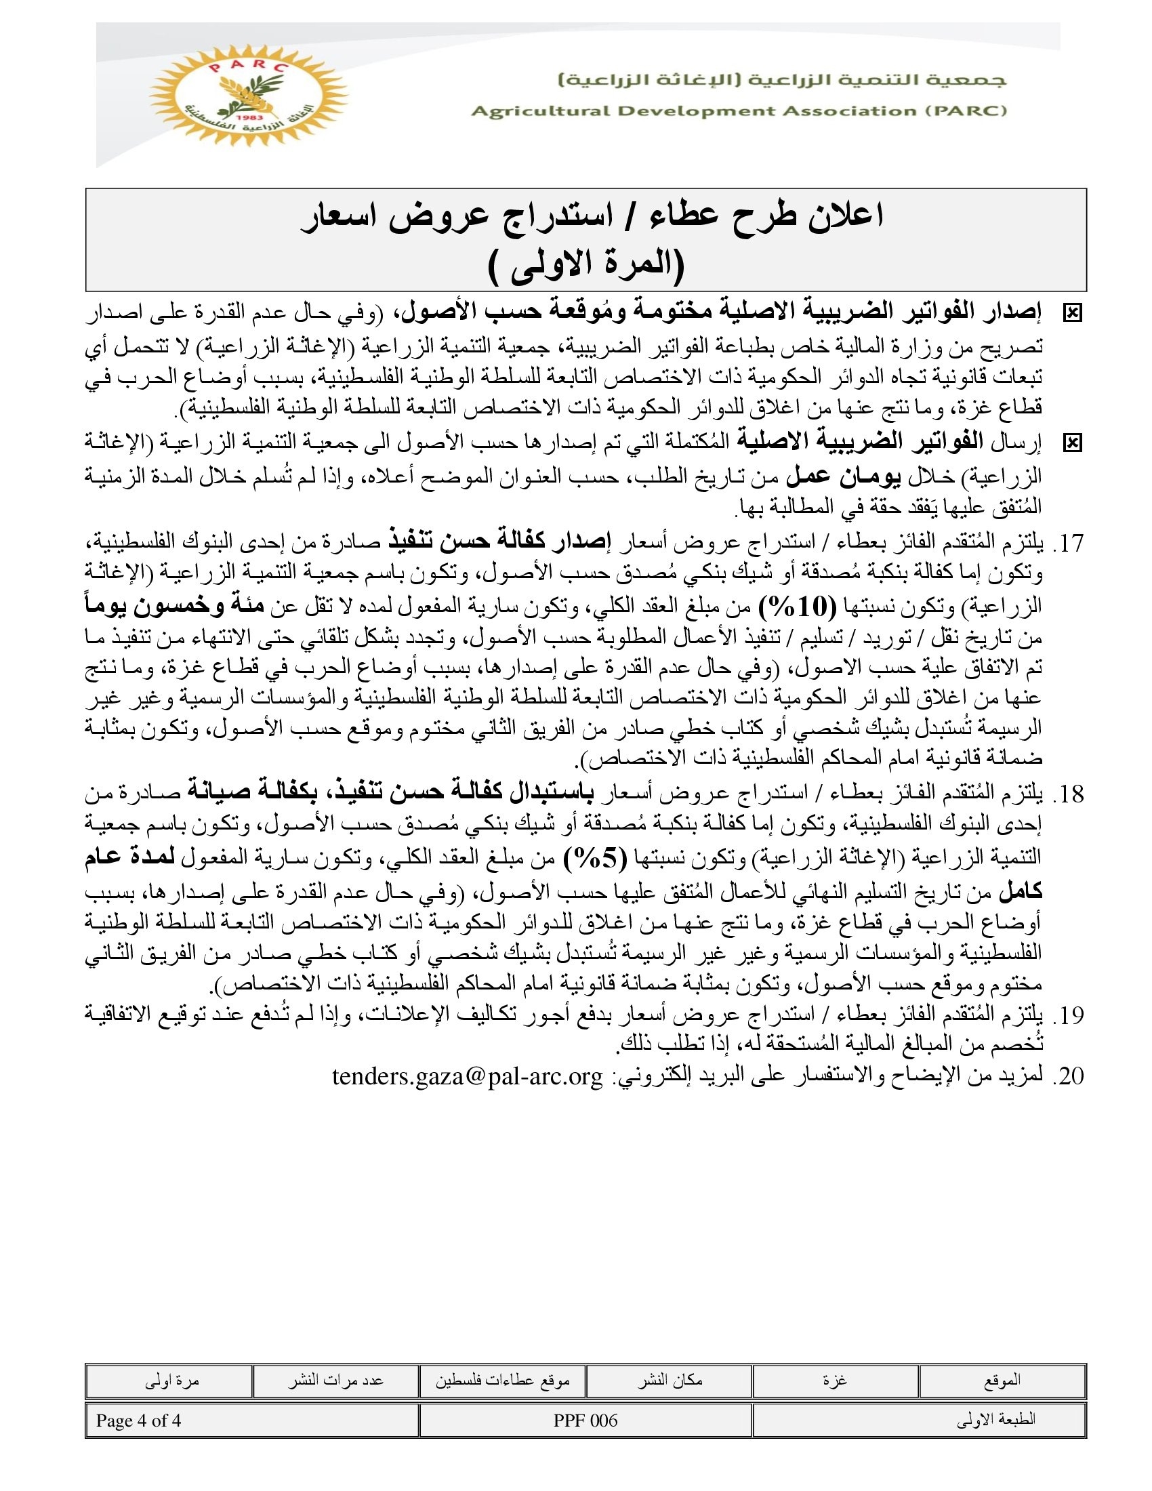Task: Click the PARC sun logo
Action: pos(248,95)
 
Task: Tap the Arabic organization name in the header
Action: pos(782,81)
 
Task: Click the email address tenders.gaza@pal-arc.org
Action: pos(468,1077)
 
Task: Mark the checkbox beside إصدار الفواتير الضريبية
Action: pos(1072,313)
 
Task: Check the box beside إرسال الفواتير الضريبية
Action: pos(1072,443)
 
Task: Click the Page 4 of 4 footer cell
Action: pos(138,1421)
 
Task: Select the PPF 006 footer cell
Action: pos(585,1421)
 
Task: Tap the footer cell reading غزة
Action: pos(835,1381)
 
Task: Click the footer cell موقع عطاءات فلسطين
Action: pos(502,1381)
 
